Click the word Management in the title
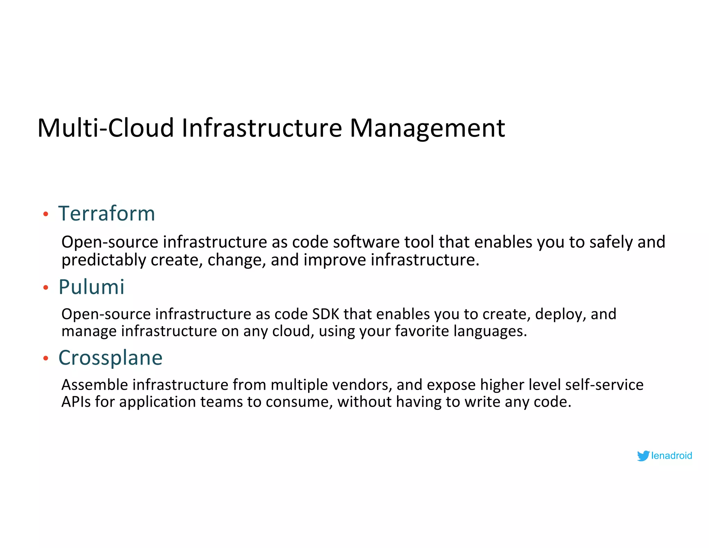click(x=427, y=128)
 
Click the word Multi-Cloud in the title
click(x=106, y=128)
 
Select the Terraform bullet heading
click(x=107, y=213)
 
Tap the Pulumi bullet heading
click(x=91, y=287)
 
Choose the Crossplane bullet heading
click(x=110, y=358)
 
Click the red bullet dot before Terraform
click(x=46, y=214)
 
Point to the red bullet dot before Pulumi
click(x=46, y=288)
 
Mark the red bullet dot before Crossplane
click(x=46, y=359)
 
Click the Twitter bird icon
click(x=643, y=456)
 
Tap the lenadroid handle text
click(x=671, y=456)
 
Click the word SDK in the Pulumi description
click(x=325, y=314)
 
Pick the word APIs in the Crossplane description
click(x=76, y=402)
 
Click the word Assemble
click(x=95, y=385)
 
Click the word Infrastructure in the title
click(x=262, y=128)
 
